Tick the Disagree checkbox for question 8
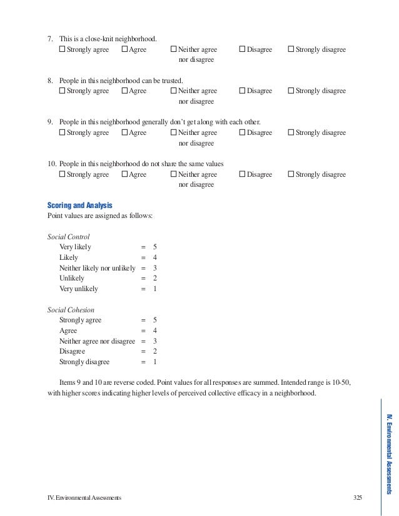point(243,91)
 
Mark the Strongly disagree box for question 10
point(291,174)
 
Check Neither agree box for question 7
point(174,49)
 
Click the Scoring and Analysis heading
point(79,205)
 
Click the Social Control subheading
point(69,237)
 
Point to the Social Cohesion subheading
point(71,309)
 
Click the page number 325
point(357,497)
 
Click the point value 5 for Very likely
point(154,247)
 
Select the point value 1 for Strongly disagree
point(154,362)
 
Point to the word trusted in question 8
point(173,81)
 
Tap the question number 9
point(51,122)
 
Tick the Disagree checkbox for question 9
point(243,132)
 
